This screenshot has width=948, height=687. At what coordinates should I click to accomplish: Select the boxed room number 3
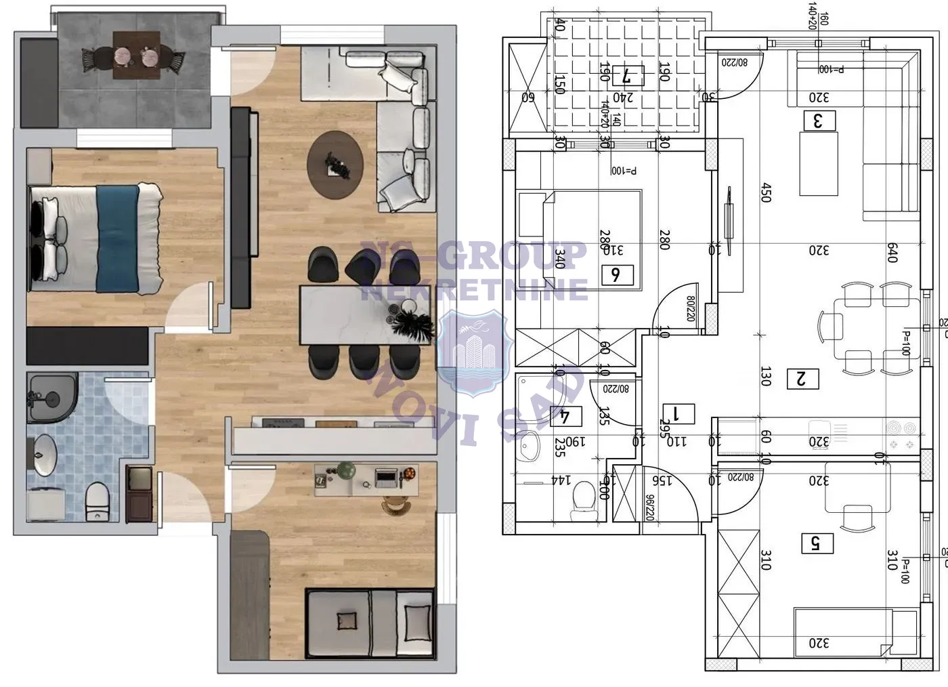[819, 121]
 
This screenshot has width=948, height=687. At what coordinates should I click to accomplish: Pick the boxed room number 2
[802, 378]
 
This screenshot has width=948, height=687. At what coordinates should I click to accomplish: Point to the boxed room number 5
[816, 543]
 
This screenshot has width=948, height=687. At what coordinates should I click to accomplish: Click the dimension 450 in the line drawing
[766, 192]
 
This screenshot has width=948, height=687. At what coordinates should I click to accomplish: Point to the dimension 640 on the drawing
[892, 252]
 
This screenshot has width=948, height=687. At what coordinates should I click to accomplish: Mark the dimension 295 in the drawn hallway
[664, 430]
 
